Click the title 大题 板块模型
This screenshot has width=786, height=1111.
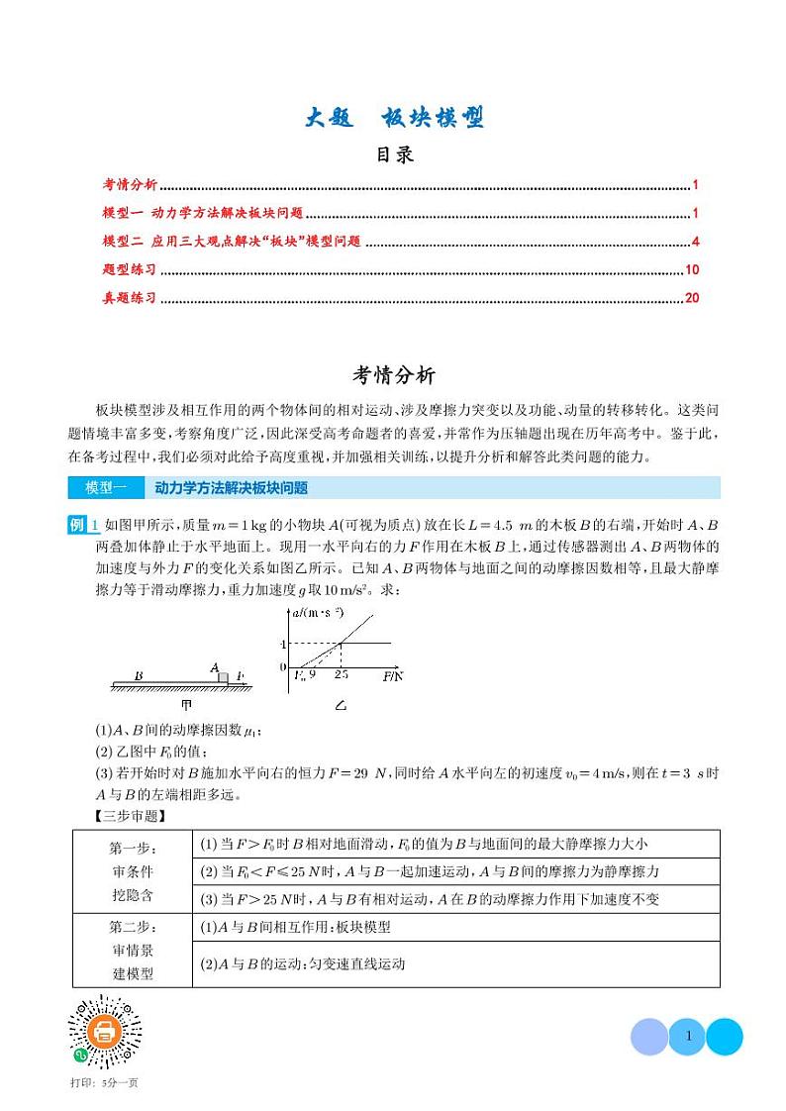[394, 118]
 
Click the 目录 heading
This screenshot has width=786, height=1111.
[394, 154]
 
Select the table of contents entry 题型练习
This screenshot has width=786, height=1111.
[130, 269]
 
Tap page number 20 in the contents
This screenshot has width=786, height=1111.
[692, 297]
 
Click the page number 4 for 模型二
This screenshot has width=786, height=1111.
[696, 241]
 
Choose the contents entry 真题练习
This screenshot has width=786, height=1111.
[130, 297]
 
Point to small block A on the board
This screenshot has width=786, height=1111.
[223, 677]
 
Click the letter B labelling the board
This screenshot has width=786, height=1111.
[138, 676]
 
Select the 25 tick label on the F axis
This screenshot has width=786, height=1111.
[341, 674]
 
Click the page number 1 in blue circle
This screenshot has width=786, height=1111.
[687, 1037]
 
